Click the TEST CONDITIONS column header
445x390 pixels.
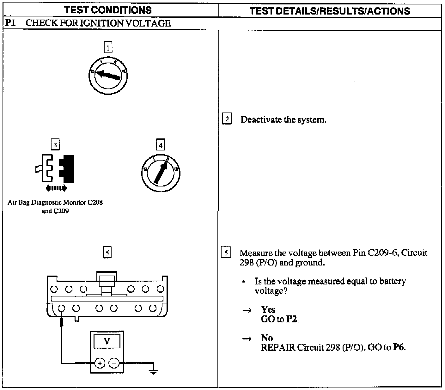pyautogui.click(x=108, y=10)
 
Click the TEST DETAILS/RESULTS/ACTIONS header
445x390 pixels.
pyautogui.click(x=330, y=11)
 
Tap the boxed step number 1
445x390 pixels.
pyautogui.click(x=108, y=48)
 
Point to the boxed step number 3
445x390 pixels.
pyautogui.click(x=55, y=145)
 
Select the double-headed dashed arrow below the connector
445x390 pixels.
pyautogui.click(x=56, y=188)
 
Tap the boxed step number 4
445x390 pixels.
pyautogui.click(x=161, y=145)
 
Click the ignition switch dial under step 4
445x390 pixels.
pyautogui.click(x=161, y=173)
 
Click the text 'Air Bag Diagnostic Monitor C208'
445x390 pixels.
pyautogui.click(x=55, y=202)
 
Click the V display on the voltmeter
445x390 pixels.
pyautogui.click(x=107, y=341)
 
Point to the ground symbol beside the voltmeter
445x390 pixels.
pyautogui.click(x=154, y=371)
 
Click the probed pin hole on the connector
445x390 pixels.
pyautogui.click(x=62, y=308)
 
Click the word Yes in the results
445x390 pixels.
pyautogui.click(x=268, y=309)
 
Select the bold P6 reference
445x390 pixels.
pyautogui.click(x=399, y=347)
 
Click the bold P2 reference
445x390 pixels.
pyautogui.click(x=292, y=319)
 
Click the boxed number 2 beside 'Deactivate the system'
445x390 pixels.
pyautogui.click(x=227, y=119)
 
